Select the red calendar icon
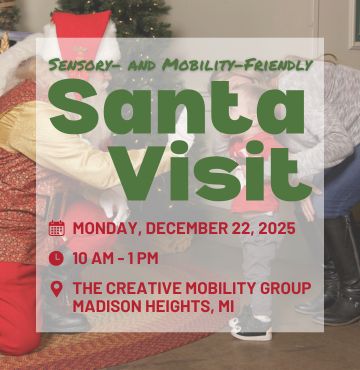pos(56,228)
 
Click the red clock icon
pos(56,258)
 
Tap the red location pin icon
pos(56,288)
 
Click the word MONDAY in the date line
pos(104,228)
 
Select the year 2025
pos(275,228)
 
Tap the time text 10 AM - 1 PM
pos(116,258)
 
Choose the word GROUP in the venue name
pos(286,288)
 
